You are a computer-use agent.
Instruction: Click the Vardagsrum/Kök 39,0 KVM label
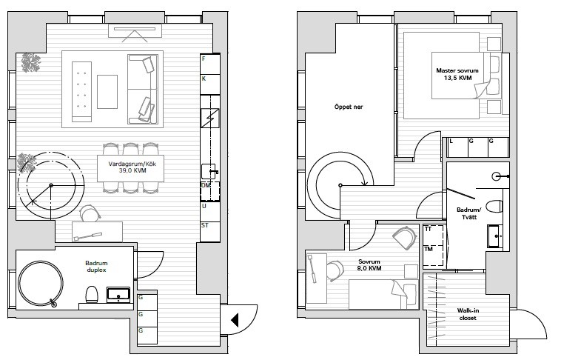[132, 167]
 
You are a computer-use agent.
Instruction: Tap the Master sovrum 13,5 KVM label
[457, 74]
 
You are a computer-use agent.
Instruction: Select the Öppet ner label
[349, 107]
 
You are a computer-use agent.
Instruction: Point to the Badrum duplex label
[97, 267]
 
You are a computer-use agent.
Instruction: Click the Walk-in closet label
[468, 314]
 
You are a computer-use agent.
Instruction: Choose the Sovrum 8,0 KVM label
[369, 264]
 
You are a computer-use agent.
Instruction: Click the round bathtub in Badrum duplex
[41, 284]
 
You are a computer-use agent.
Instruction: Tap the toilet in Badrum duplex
[92, 295]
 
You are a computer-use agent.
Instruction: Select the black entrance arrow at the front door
[235, 319]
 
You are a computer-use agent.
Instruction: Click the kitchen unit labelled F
[210, 64]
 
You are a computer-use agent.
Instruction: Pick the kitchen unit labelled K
[210, 84]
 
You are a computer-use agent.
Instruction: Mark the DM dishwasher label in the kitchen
[206, 185]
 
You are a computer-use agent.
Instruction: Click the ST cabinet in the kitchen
[210, 232]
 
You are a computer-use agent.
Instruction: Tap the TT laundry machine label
[428, 229]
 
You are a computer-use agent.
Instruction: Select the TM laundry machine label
[429, 249]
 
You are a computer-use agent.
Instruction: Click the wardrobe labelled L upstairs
[458, 147]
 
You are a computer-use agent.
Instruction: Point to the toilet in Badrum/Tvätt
[496, 207]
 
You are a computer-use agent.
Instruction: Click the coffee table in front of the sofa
[107, 91]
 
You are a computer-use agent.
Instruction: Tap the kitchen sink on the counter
[209, 171]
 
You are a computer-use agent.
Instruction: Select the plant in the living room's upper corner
[30, 63]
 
